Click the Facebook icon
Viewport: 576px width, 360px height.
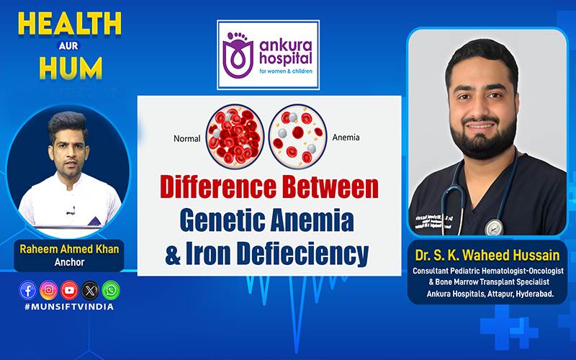coord(28,290)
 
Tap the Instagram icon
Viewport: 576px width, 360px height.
coord(48,290)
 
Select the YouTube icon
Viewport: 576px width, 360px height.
coord(69,290)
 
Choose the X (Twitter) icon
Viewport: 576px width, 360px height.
coord(90,290)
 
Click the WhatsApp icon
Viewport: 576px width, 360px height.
coord(111,290)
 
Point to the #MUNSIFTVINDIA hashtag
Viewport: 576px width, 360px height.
coord(69,307)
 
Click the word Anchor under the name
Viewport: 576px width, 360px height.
coord(69,262)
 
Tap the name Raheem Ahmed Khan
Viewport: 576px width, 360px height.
coord(69,249)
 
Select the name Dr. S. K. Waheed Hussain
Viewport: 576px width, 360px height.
coord(487,255)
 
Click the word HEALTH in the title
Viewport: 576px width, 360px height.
coord(70,24)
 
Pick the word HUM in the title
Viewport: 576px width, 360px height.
coord(71,68)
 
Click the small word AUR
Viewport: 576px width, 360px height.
coord(68,46)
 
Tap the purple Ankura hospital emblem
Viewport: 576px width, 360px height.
coord(238,55)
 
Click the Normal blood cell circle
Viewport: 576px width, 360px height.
coord(235,136)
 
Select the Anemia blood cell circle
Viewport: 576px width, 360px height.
coord(297,137)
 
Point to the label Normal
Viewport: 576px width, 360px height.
coord(187,138)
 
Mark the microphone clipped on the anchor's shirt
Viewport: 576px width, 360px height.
coord(72,210)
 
